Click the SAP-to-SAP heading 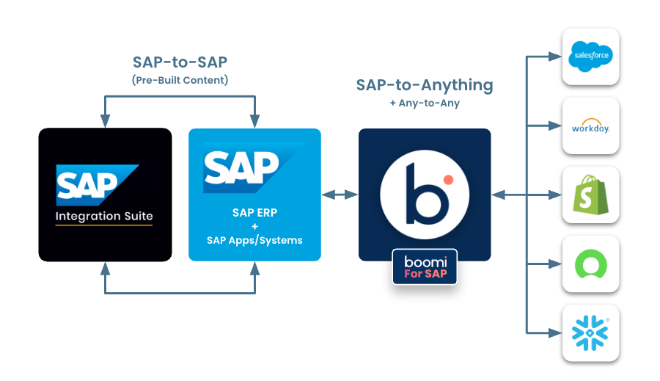pos(180,62)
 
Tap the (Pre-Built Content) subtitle pos(180,80)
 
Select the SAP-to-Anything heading pos(425,85)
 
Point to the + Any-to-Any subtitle pos(425,104)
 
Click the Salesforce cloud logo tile pos(590,56)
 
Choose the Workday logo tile pos(590,126)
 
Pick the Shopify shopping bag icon pos(590,195)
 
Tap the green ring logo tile pos(590,264)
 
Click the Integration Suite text pos(104,217)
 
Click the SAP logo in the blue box pos(241,168)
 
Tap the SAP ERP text pos(254,213)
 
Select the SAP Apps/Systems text pos(254,240)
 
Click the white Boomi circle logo pos(424,193)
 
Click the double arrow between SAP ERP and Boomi pos(340,195)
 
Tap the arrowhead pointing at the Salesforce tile pos(556,56)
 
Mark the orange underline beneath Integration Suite pos(104,225)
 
